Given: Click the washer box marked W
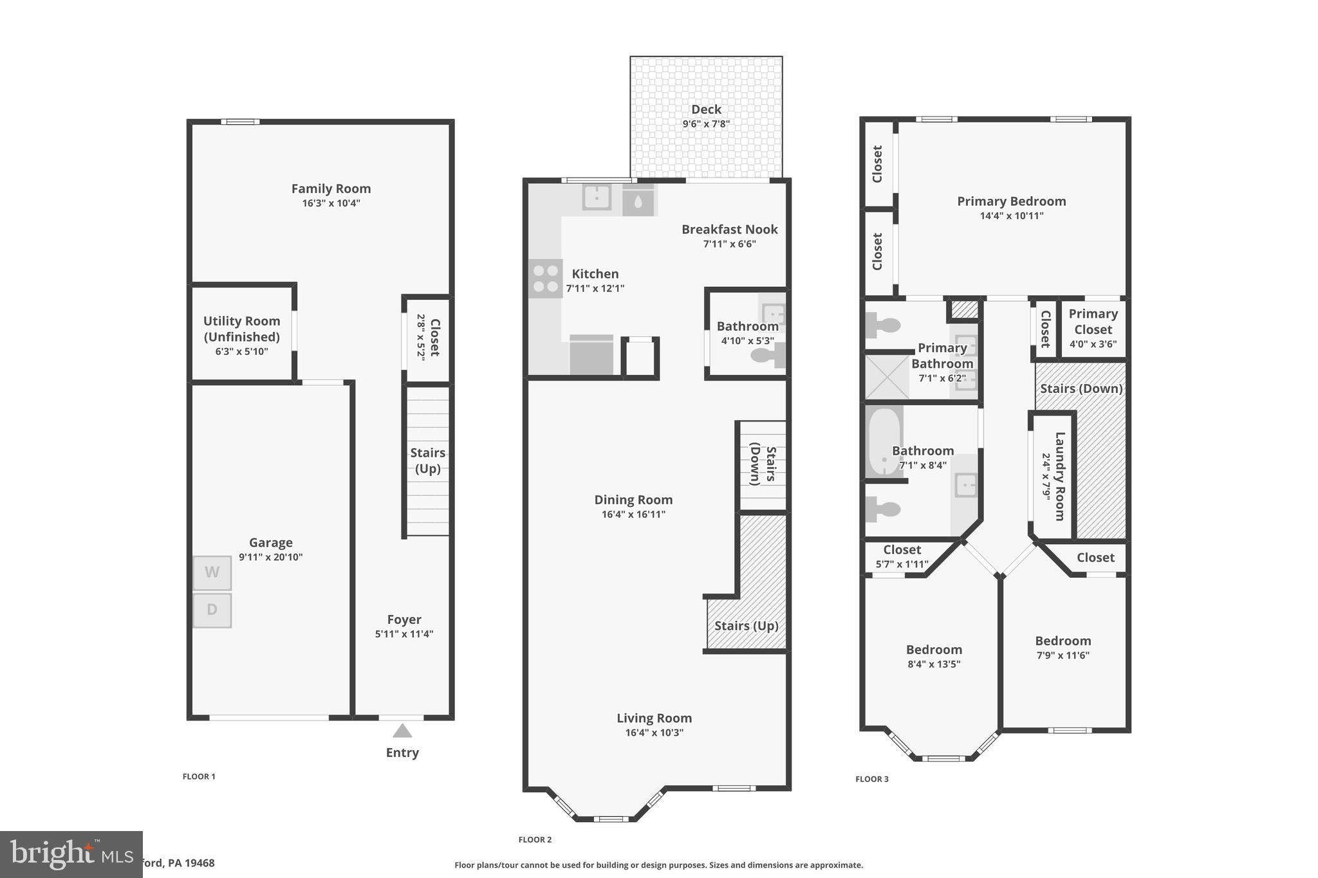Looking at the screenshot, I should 212,572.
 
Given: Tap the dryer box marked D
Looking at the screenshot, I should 212,610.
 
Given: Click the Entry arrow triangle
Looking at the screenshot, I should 402,731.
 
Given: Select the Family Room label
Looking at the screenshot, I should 331,188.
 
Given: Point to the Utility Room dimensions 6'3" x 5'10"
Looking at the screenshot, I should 241,352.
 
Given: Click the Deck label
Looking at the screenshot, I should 706,109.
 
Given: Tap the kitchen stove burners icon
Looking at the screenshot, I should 545,279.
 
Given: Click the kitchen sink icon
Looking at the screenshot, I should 597,196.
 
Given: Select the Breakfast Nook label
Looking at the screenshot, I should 729,230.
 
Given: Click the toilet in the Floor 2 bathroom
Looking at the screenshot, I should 767,355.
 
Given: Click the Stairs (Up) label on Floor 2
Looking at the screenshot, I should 746,626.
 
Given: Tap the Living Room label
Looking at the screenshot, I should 654,718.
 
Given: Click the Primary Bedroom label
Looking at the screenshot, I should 1011,201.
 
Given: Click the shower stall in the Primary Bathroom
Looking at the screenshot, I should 887,376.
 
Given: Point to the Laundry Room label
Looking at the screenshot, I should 1059,476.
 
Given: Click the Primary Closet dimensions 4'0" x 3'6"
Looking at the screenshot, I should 1093,344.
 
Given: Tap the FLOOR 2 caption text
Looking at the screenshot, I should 535,839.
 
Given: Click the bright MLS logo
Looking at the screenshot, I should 71,854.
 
